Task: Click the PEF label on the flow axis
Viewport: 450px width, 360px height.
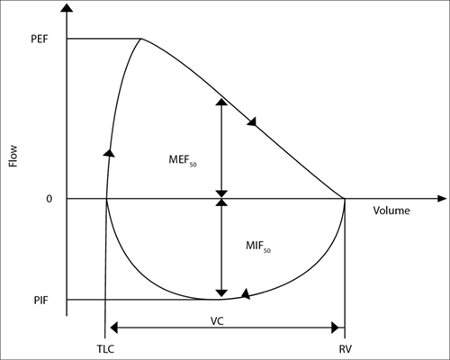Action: pyautogui.click(x=40, y=39)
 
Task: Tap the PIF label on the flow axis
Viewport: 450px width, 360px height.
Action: pyautogui.click(x=40, y=300)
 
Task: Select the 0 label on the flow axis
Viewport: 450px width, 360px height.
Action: pyautogui.click(x=49, y=199)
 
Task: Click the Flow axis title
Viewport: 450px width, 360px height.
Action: pyautogui.click(x=13, y=156)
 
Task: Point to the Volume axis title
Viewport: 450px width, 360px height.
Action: pyautogui.click(x=391, y=211)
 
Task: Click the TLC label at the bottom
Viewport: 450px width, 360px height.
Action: pyautogui.click(x=105, y=349)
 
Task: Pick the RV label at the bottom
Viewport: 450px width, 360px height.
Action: pyautogui.click(x=346, y=349)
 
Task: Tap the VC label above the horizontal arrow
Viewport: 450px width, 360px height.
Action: pyautogui.click(x=217, y=321)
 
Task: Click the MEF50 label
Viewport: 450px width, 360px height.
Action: pyautogui.click(x=183, y=160)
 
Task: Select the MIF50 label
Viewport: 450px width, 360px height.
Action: pyautogui.click(x=258, y=246)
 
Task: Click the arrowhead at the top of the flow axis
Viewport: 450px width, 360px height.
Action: pyautogui.click(x=67, y=7)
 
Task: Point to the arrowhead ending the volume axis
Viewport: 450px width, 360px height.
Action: pyautogui.click(x=441, y=199)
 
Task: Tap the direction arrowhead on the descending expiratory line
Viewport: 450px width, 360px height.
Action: pyautogui.click(x=252, y=121)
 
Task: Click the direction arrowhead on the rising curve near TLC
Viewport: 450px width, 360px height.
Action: pyautogui.click(x=109, y=152)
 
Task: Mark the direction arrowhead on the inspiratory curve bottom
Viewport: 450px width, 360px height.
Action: pyautogui.click(x=246, y=293)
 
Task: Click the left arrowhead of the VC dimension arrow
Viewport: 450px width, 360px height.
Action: pyautogui.click(x=114, y=328)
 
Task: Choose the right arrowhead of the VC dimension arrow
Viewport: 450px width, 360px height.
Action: pyautogui.click(x=336, y=328)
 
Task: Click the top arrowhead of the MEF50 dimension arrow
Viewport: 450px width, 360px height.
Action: pyautogui.click(x=221, y=102)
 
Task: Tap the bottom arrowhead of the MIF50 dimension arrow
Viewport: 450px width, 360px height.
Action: pyautogui.click(x=221, y=293)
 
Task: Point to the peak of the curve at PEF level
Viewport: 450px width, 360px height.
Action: pyautogui.click(x=141, y=39)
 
